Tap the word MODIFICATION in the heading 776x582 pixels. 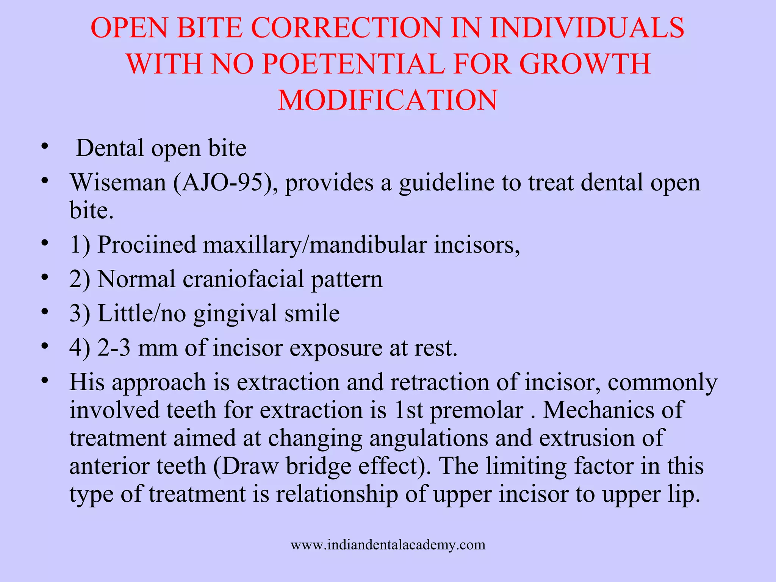[387, 100]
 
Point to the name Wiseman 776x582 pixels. [118, 183]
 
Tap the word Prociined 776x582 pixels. [147, 245]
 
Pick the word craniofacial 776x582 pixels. [243, 279]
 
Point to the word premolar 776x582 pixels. [477, 410]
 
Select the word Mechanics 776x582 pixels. [599, 410]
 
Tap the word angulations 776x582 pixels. [429, 439]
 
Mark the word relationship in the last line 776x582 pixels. [336, 494]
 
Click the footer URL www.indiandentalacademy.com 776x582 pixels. [388, 545]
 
